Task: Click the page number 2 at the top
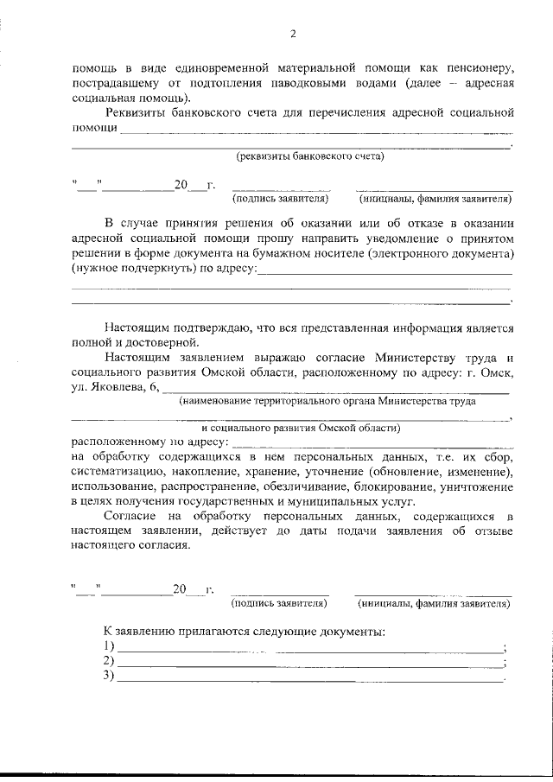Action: [293, 35]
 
